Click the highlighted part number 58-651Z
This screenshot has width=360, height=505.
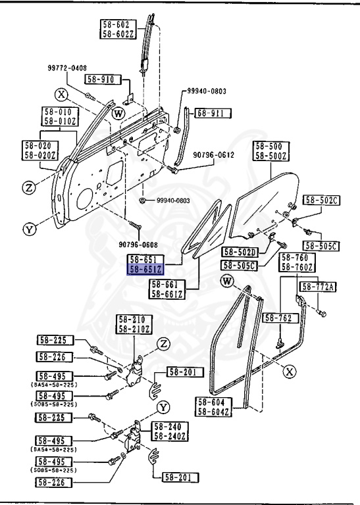[x=146, y=269]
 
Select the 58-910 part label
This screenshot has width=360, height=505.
[x=117, y=80]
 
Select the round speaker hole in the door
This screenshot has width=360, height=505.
[x=84, y=199]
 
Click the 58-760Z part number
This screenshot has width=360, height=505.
[x=297, y=266]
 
